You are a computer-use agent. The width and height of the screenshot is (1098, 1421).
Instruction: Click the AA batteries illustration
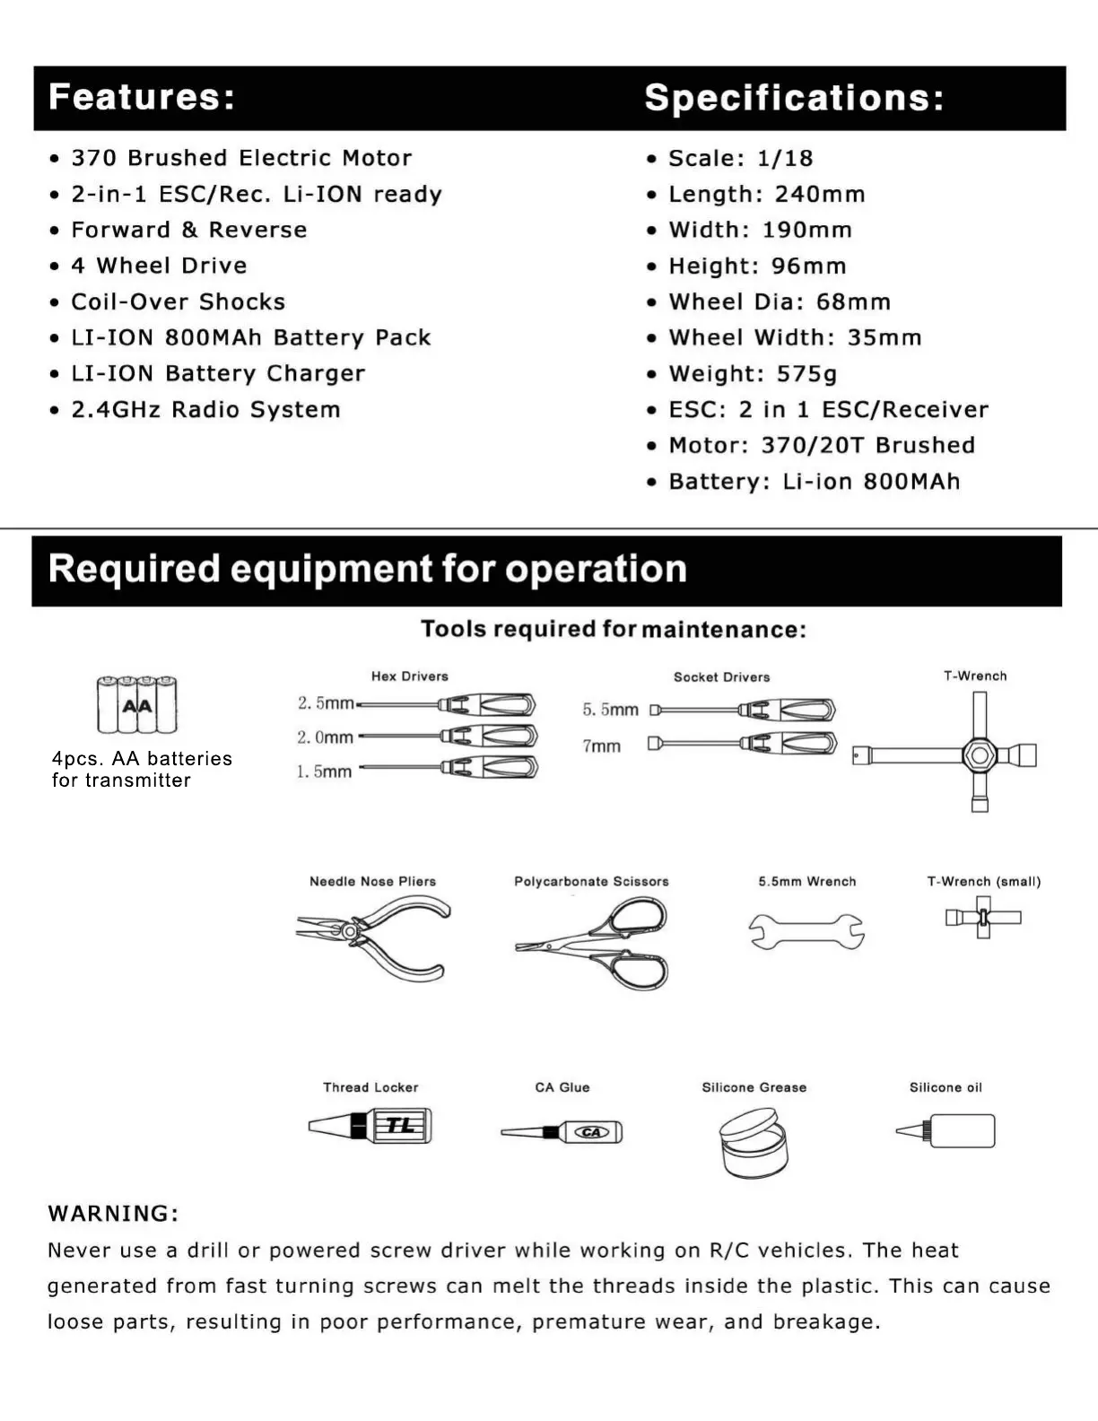point(137,705)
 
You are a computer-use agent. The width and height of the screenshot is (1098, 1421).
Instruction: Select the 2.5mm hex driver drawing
point(449,705)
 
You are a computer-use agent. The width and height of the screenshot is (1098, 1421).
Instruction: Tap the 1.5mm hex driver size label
point(324,772)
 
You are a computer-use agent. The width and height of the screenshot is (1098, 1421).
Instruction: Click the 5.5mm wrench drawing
point(806,931)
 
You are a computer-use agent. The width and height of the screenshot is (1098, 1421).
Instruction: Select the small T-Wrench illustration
point(983,918)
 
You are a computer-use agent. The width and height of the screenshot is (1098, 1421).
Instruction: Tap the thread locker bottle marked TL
point(371,1125)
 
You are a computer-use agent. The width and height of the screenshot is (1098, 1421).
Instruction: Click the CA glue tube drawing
point(562,1132)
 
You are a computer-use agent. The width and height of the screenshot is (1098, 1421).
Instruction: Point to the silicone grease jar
point(753,1142)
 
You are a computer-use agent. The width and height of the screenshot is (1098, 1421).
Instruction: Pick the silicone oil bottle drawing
point(947,1131)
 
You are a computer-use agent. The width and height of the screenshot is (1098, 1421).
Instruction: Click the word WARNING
point(113,1214)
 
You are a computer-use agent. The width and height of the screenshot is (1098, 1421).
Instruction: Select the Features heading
point(142,97)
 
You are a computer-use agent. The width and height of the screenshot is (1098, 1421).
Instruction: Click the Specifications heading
point(794,98)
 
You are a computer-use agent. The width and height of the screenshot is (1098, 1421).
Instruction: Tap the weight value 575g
point(806,374)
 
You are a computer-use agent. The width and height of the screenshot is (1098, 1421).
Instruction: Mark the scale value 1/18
point(785,159)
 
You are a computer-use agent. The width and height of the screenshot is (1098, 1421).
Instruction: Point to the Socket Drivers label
point(722,677)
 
